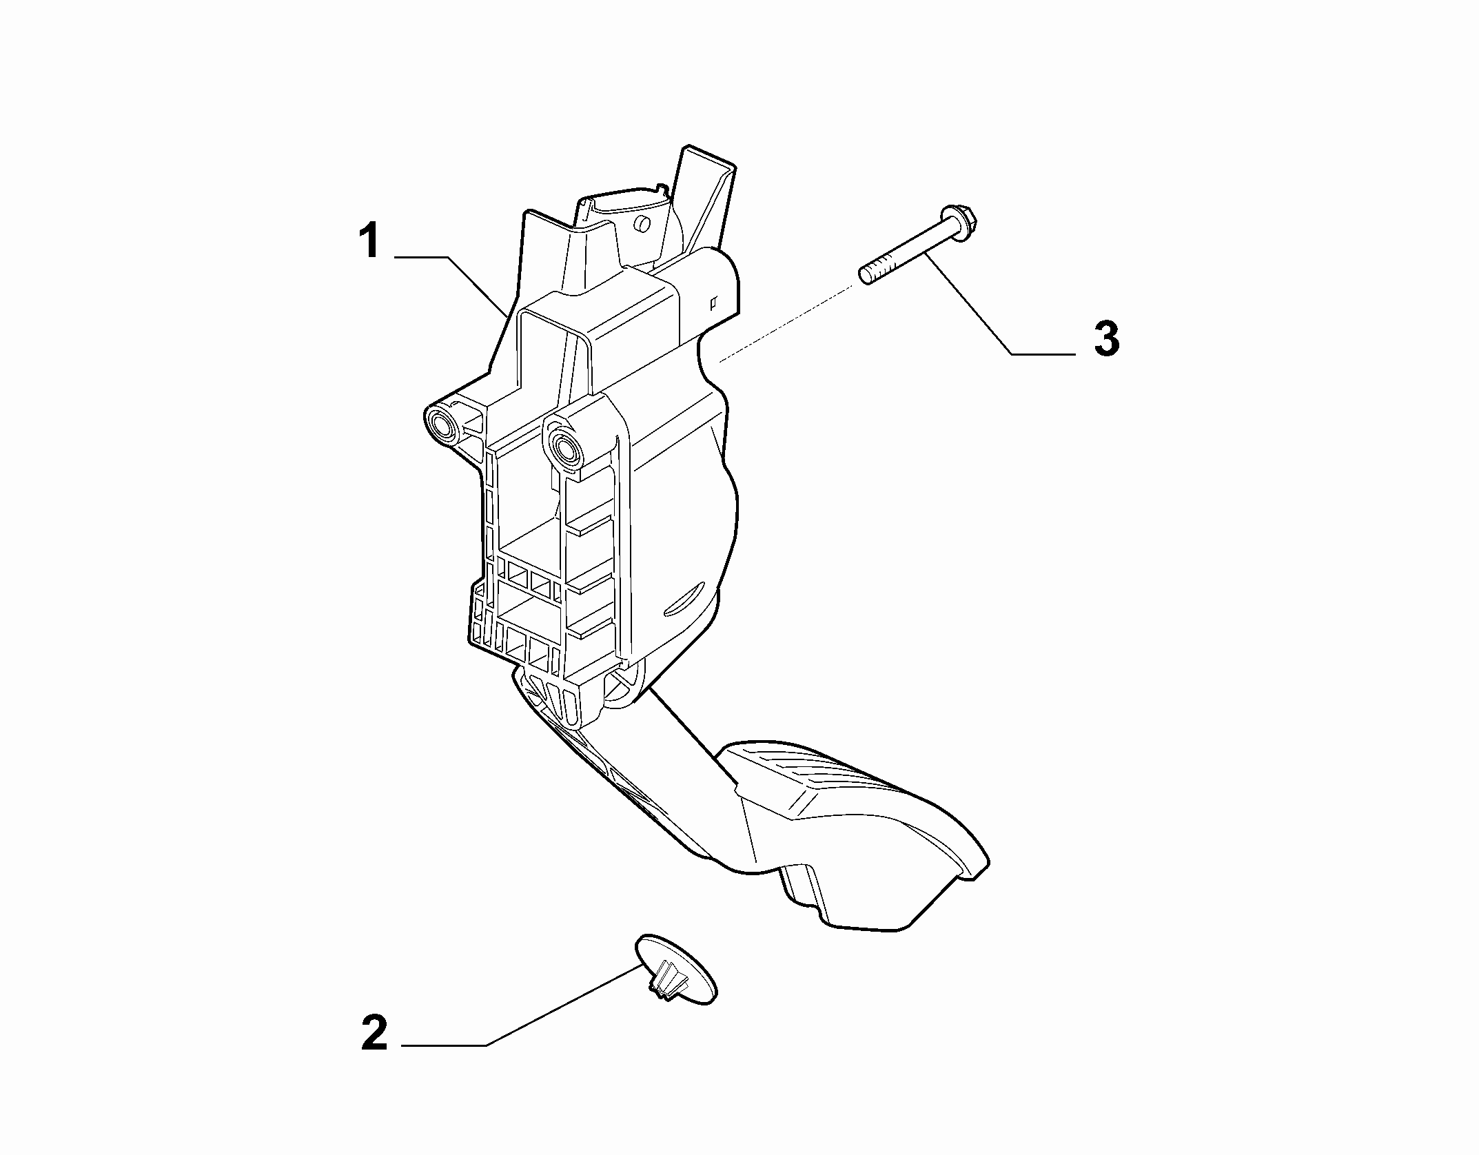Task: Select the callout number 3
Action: (x=1107, y=339)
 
